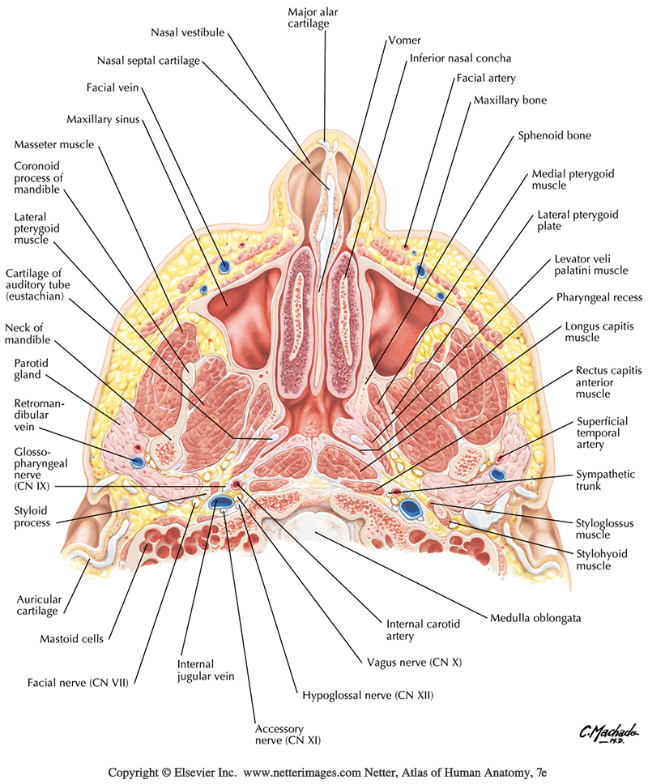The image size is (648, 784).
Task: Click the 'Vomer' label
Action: click(404, 38)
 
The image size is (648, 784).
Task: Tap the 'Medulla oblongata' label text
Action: click(538, 618)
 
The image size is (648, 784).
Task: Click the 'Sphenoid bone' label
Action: click(555, 135)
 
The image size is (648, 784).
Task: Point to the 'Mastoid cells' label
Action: click(71, 639)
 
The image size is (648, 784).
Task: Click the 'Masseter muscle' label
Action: click(54, 144)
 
